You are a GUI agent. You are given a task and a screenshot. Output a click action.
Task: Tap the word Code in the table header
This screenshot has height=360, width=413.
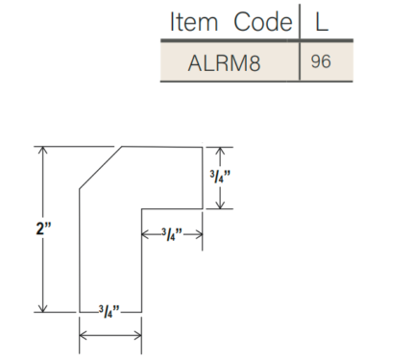[x=258, y=21]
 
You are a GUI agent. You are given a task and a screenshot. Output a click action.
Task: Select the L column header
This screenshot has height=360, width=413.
[x=323, y=21]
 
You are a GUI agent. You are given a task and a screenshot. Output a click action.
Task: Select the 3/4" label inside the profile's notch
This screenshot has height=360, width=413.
[x=172, y=232]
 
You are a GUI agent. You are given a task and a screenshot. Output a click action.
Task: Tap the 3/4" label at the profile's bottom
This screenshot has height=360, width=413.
[x=109, y=311]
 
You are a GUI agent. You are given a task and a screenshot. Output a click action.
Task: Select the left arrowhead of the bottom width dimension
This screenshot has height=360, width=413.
[x=84, y=334]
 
